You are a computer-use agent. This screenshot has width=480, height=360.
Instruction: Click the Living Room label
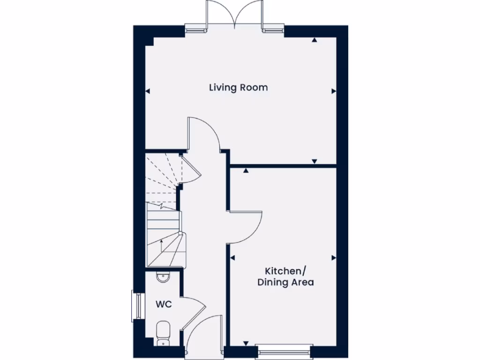coord(238,88)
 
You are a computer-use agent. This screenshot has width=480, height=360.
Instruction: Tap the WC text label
coord(164,304)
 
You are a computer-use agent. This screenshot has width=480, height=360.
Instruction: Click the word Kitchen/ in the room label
coord(285,271)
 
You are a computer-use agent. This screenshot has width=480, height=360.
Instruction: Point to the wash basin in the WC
coord(163,277)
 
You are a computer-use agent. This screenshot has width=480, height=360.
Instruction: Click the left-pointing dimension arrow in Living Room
coord(147,91)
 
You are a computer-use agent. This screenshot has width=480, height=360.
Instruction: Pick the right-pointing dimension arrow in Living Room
coord(333,91)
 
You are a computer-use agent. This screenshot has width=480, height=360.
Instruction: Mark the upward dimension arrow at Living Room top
coord(315,41)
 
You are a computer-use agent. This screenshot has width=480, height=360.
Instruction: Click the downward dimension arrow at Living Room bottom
coord(315,162)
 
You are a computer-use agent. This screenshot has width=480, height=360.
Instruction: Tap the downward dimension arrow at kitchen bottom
coord(245,344)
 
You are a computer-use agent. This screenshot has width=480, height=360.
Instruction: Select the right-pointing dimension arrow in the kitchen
coord(333,258)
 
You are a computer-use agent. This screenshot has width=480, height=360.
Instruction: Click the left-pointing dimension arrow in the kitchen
coord(232,258)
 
